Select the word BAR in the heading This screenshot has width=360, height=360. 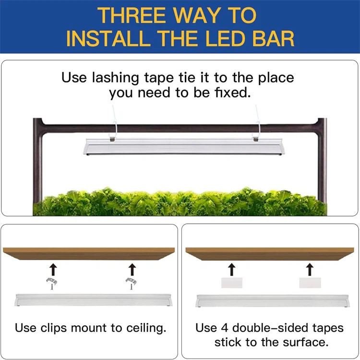(x=273, y=38)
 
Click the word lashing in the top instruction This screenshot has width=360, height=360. (x=116, y=78)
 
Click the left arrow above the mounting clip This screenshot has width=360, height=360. (x=53, y=269)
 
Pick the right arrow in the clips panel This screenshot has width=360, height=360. (x=132, y=269)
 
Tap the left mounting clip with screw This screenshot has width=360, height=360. (x=52, y=283)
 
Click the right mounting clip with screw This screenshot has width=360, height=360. (x=131, y=283)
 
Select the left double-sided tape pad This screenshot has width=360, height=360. (x=232, y=283)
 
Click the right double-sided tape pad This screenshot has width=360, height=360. (x=310, y=283)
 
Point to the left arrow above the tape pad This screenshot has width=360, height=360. (x=232, y=269)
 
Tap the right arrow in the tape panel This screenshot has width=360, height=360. (x=310, y=269)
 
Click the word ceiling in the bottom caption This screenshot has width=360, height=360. (x=146, y=328)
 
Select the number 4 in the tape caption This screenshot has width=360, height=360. (x=225, y=328)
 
